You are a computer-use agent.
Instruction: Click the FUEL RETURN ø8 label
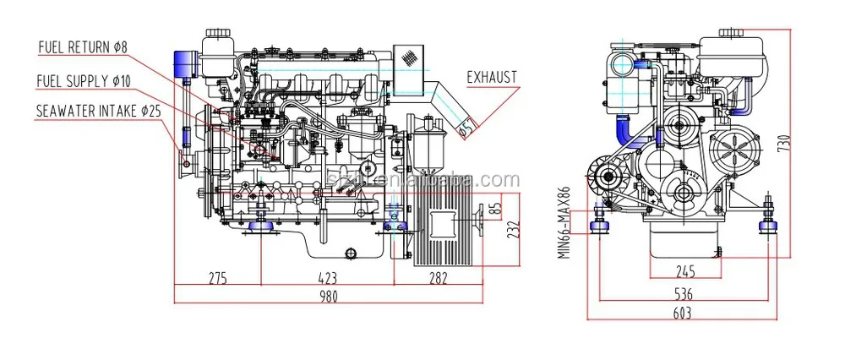coord(83,47)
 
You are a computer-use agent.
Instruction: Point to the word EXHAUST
coord(492,78)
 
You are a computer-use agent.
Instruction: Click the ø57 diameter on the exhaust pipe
coord(466,127)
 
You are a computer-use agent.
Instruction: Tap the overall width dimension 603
coord(684,314)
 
